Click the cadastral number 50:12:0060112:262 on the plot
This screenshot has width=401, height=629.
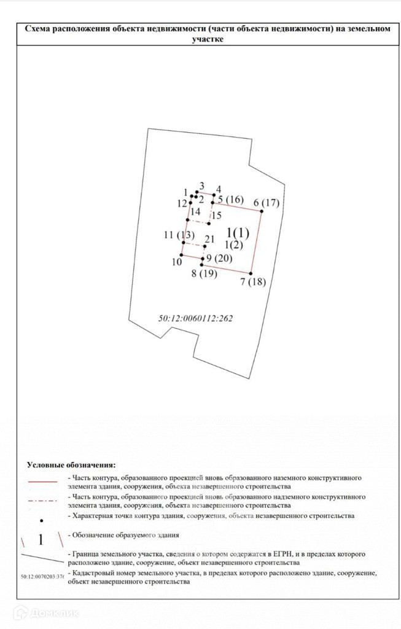pyautogui.click(x=197, y=319)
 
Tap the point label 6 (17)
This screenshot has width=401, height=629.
pyautogui.click(x=266, y=203)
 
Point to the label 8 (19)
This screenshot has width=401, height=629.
pyautogui.click(x=204, y=274)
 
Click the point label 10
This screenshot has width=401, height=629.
pyautogui.click(x=177, y=262)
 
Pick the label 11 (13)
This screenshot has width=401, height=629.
pyautogui.click(x=179, y=235)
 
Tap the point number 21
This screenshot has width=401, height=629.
pyautogui.click(x=209, y=239)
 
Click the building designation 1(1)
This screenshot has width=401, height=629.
pyautogui.click(x=238, y=233)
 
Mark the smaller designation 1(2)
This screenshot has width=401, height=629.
pyautogui.click(x=234, y=245)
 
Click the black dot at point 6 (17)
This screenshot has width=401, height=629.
pyautogui.click(x=261, y=212)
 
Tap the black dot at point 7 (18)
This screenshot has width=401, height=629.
pyautogui.click(x=251, y=273)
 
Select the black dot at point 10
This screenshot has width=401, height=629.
pyautogui.click(x=181, y=255)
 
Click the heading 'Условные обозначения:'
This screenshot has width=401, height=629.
pyautogui.click(x=71, y=465)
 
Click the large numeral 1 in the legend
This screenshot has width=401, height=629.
pyautogui.click(x=41, y=540)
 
